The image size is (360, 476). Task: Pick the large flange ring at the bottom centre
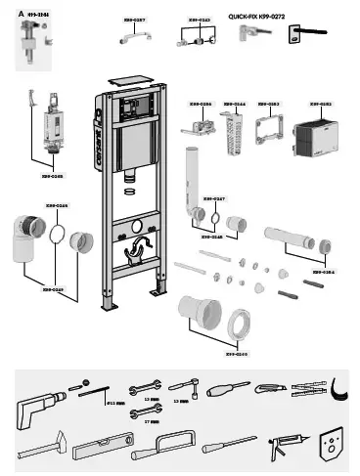(x=238, y=326)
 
